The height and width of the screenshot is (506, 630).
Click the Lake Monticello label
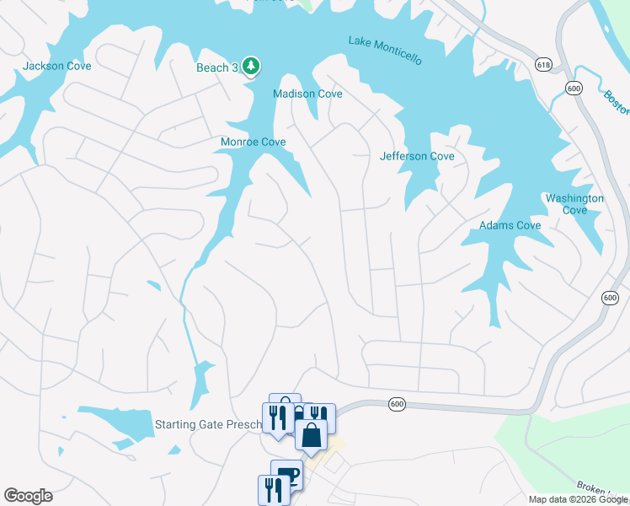tap(385, 50)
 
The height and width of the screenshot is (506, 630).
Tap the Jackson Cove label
tap(57, 66)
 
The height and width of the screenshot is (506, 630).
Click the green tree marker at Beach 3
tap(250, 65)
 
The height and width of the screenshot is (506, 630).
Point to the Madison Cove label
tap(307, 94)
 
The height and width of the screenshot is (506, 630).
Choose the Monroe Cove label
tap(253, 142)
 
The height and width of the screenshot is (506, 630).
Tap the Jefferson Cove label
tap(417, 156)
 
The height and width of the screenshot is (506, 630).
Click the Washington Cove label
tap(574, 204)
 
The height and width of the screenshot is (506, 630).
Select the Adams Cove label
tap(510, 225)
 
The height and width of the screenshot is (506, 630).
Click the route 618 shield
tap(543, 64)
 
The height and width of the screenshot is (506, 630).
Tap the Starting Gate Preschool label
tap(211, 423)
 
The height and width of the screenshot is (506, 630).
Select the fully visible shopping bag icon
tap(311, 434)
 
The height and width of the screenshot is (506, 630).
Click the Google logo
tap(28, 496)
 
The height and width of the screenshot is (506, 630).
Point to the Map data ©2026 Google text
tap(579, 499)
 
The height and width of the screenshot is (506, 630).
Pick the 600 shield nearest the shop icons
tap(397, 405)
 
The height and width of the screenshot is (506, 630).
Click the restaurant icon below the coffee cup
tap(273, 489)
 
